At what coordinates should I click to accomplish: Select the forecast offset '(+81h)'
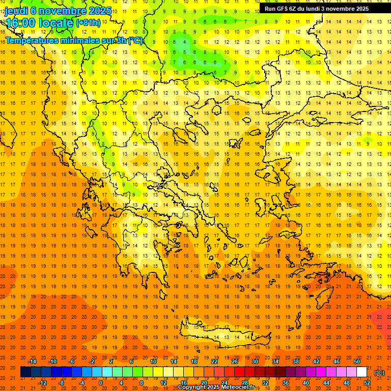[88, 23]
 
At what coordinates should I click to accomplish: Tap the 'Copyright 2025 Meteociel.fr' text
[216, 387]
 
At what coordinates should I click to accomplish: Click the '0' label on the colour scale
[100, 383]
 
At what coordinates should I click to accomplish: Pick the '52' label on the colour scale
[367, 383]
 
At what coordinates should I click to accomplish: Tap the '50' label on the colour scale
[357, 361]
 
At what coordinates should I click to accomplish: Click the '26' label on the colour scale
[235, 361]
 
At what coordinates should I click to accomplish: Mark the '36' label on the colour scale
[286, 383]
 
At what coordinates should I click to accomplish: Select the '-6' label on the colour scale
[72, 361]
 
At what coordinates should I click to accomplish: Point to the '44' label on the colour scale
[326, 383]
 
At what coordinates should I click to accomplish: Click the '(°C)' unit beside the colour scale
[379, 373]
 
